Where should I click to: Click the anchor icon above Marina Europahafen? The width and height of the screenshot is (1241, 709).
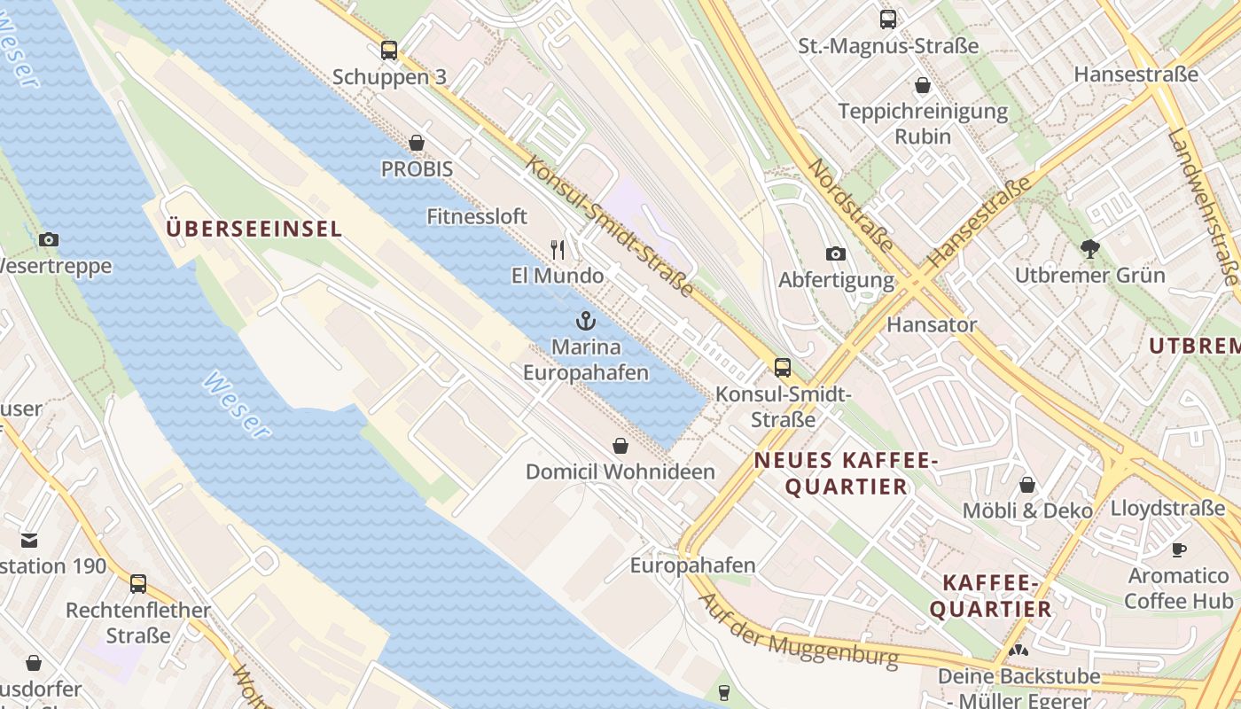coord(585,321)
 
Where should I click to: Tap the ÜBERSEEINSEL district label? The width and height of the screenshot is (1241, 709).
coord(254,229)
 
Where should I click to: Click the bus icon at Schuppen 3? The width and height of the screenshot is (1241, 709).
coord(389,51)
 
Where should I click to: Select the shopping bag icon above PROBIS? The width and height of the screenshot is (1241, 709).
coord(417,143)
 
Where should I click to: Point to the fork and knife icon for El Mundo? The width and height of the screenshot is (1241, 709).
coord(558,249)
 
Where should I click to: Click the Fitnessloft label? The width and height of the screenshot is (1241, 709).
coord(477,216)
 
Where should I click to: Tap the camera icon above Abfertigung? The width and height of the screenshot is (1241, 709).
coord(835,254)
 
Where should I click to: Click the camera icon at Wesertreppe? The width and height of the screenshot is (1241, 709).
coord(49,239)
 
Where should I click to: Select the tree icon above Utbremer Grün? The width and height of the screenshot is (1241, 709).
coord(1089,249)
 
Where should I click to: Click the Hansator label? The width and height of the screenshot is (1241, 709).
coord(932,324)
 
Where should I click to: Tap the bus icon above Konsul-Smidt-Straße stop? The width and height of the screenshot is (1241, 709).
coord(782,367)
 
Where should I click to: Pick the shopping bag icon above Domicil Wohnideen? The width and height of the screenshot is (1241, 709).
coord(620,446)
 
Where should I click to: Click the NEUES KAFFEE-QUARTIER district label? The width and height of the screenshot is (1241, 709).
coord(846,473)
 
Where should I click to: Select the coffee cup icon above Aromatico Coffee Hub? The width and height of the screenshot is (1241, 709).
coord(1178,549)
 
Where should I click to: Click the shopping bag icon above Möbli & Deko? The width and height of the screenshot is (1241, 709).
coord(1027,485)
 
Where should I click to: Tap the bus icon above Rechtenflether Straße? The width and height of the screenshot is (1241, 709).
coord(137,584)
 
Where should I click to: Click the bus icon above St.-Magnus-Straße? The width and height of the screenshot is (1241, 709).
coord(887,19)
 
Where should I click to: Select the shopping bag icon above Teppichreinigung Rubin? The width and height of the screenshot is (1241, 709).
coord(923,86)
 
